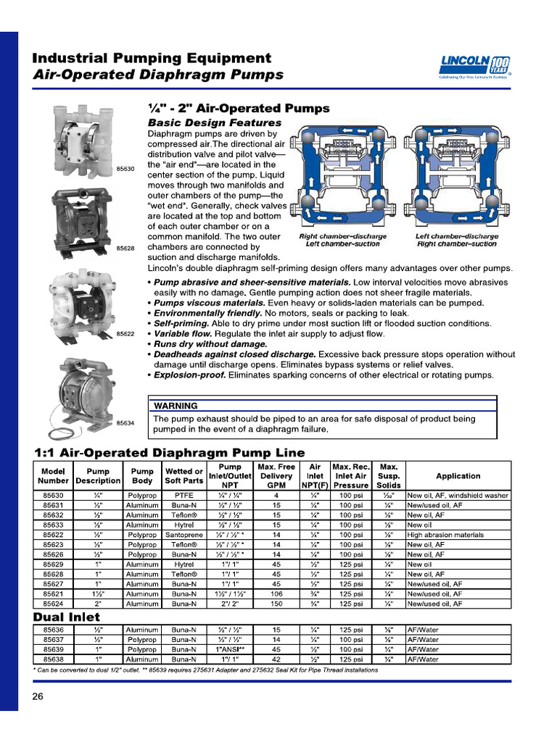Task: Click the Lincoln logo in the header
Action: [475, 66]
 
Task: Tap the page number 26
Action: [38, 696]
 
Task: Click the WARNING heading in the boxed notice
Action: [176, 406]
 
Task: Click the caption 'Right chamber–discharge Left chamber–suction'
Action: [342, 241]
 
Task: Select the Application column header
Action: [458, 476]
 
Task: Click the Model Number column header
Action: [53, 476]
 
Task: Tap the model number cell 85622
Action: [53, 535]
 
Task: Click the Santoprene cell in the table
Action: [183, 535]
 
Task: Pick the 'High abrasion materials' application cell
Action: [445, 535]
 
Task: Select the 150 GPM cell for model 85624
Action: [276, 603]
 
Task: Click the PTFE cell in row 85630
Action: [183, 496]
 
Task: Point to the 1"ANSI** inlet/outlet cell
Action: [230, 650]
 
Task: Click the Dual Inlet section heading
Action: [67, 617]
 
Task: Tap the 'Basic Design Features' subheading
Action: [214, 123]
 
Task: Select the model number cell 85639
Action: [53, 650]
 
